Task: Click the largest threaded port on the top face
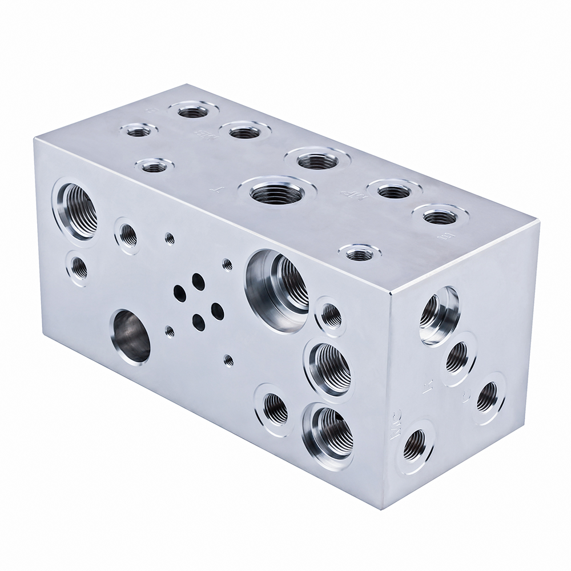(x=275, y=192)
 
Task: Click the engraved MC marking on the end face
(x=396, y=425)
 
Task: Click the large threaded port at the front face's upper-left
(x=77, y=209)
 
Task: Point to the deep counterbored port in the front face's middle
(x=278, y=282)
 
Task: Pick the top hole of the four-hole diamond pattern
(x=198, y=280)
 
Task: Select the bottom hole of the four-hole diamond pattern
(x=198, y=323)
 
